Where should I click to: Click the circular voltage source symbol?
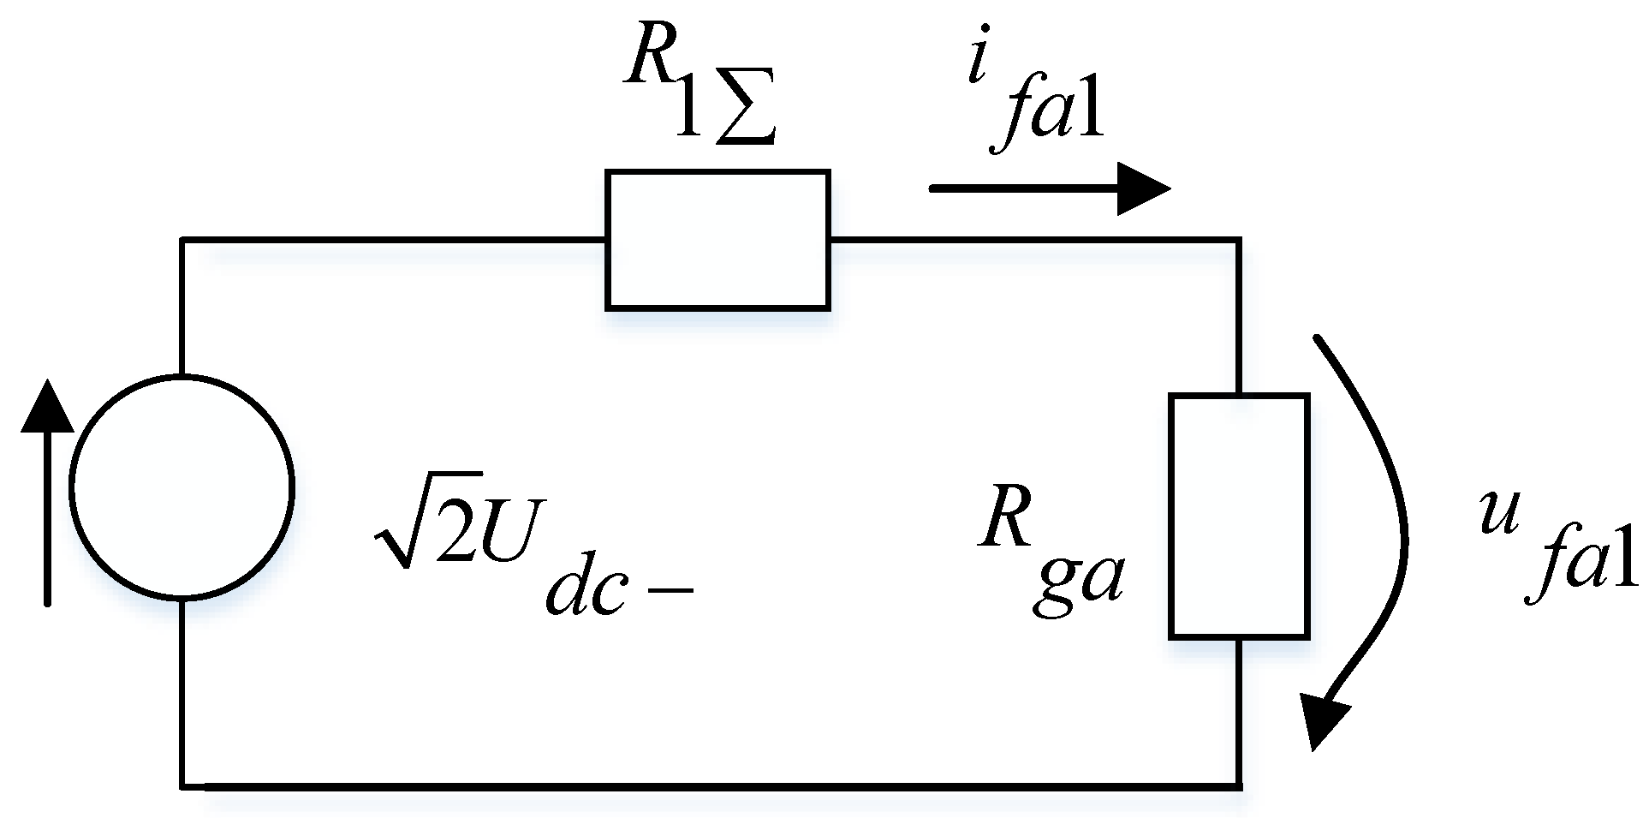182,487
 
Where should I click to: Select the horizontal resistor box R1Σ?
717,239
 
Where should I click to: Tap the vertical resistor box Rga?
1239,516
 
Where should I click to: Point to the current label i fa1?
1036,99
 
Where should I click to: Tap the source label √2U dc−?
531,548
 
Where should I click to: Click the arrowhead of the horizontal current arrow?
1143,188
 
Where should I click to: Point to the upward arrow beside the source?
47,493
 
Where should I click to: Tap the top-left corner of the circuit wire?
182,240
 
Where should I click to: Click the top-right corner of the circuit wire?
1239,240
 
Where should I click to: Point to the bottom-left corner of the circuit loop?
182,785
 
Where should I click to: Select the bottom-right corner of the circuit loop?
1239,785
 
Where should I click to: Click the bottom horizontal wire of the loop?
711,785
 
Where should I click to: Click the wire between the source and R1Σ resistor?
394,240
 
